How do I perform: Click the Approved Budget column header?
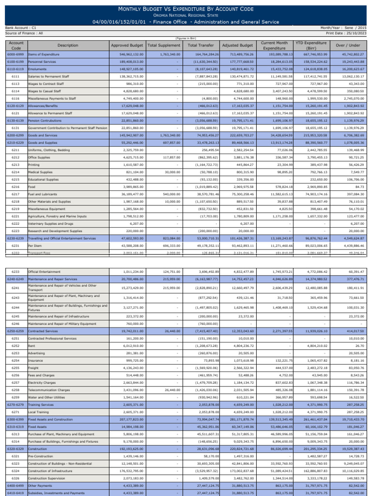coord(126,45)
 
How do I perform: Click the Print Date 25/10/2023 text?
coord(348,33)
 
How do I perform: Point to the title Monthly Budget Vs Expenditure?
coord(186,9)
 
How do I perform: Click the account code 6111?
coord(15,77)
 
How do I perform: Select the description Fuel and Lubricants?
coord(43,194)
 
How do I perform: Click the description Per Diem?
coord(35,246)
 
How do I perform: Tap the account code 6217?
coord(15,194)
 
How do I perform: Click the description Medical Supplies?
coord(41,172)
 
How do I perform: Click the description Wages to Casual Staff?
coord(45,91)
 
